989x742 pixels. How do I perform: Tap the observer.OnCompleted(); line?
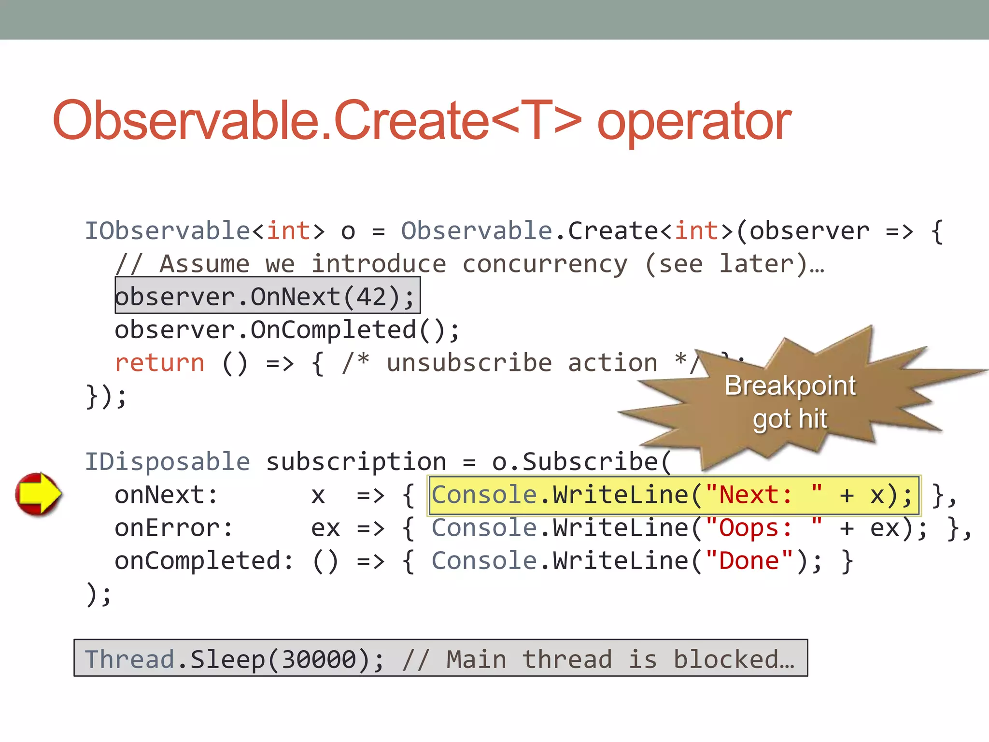(x=287, y=330)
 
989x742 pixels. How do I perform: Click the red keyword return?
(x=160, y=363)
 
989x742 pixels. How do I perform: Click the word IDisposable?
(x=168, y=461)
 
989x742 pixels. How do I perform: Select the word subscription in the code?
(x=356, y=461)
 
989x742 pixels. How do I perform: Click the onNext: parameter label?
(x=166, y=495)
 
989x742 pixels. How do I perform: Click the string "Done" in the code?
(x=749, y=561)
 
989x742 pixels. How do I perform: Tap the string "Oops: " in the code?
(x=763, y=528)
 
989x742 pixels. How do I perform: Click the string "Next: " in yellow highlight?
(x=763, y=495)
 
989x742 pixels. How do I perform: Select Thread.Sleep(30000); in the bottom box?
(x=234, y=659)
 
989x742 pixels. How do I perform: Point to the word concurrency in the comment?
(x=545, y=264)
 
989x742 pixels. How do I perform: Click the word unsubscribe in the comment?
(x=469, y=363)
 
